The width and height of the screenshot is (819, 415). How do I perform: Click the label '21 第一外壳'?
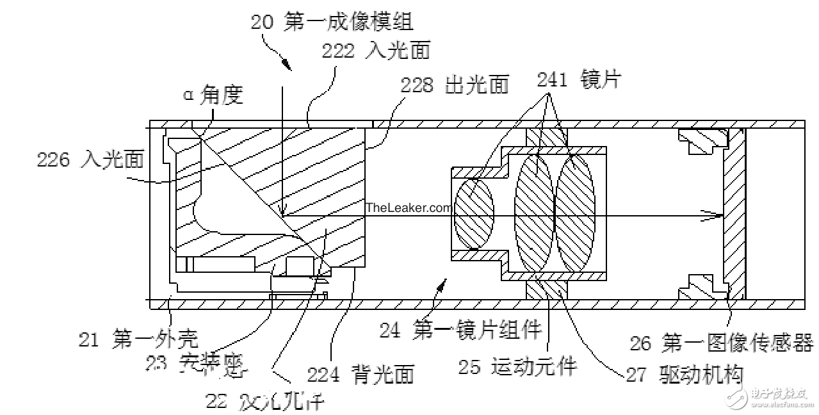pos(138,337)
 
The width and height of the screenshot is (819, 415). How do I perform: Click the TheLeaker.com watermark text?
pos(409,207)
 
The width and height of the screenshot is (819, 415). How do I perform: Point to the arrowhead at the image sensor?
pos(713,215)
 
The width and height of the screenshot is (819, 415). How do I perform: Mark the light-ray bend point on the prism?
pos(282,215)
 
